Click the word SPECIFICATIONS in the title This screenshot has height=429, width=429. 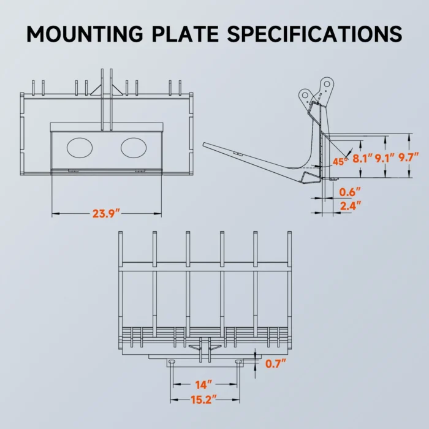(x=315, y=32)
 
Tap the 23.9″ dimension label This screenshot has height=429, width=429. (x=106, y=213)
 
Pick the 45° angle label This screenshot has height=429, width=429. (x=339, y=161)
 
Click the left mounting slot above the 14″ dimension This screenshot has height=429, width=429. (x=172, y=363)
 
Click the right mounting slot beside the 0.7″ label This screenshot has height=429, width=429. (x=238, y=363)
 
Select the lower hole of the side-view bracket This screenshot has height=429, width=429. (x=305, y=95)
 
